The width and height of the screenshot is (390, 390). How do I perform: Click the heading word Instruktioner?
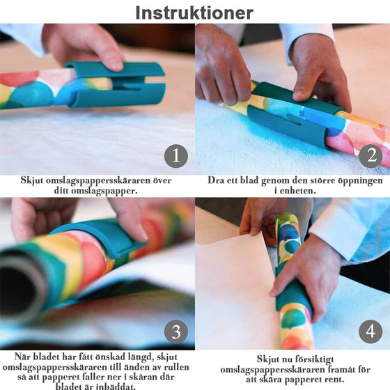[194, 13]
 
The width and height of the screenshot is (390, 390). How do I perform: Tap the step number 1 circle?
[176, 156]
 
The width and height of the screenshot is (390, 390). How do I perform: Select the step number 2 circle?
[370, 156]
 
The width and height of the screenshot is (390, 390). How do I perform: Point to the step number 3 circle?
[176, 331]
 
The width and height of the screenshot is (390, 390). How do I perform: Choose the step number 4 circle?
[370, 331]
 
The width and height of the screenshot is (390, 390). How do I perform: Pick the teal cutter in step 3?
[100, 239]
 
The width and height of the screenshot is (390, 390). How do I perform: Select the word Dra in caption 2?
[216, 180]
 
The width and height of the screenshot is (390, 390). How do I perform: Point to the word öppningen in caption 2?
[360, 181]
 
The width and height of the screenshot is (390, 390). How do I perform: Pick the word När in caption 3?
[22, 357]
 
